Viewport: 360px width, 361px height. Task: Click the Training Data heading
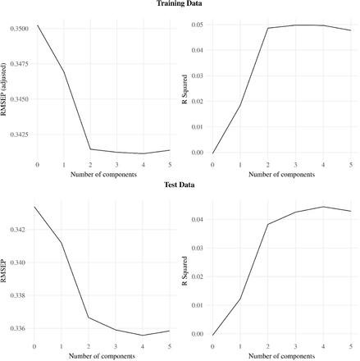click(180, 3)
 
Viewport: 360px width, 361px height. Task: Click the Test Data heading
click(180, 185)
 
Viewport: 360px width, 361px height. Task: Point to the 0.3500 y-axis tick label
click(20, 29)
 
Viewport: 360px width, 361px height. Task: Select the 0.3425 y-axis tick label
click(20, 135)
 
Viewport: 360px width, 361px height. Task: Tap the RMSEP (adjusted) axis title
click(3, 89)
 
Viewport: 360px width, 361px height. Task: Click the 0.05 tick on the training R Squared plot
click(198, 25)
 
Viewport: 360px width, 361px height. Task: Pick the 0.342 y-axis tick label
click(17, 230)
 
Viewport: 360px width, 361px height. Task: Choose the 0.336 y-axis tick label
click(17, 328)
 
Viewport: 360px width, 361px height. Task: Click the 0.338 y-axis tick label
click(17, 295)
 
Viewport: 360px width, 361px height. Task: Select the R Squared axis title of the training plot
click(185, 89)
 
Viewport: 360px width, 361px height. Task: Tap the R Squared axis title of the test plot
click(185, 271)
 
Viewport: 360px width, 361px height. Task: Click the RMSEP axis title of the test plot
click(3, 271)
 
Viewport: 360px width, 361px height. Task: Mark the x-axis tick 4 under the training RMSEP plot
click(144, 165)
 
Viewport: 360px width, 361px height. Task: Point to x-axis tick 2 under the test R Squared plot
click(268, 346)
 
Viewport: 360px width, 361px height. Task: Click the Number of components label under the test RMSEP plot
click(102, 356)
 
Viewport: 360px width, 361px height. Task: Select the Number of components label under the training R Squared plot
click(281, 175)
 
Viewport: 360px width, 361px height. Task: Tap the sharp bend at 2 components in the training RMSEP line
click(90, 149)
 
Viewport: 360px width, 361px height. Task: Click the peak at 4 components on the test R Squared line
click(323, 207)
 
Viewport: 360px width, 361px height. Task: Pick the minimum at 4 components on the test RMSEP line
click(143, 336)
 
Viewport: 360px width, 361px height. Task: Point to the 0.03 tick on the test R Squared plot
click(198, 249)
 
